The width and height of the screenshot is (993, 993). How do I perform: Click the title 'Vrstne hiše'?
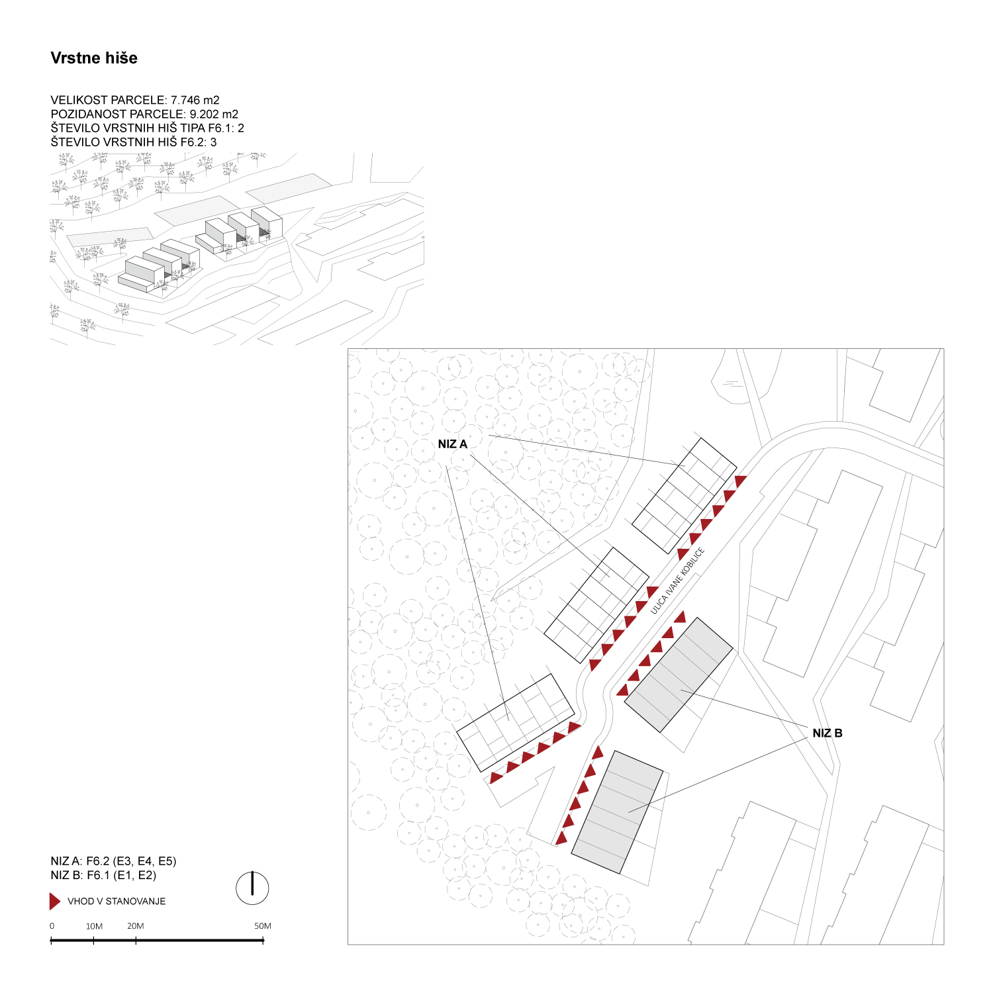[x=94, y=58]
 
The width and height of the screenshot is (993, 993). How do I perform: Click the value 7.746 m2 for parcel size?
[x=195, y=100]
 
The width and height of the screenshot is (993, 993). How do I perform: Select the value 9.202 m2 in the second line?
[x=214, y=114]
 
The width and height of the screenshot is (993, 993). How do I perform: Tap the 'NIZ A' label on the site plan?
[x=453, y=444]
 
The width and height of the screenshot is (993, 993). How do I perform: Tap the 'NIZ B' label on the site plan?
[x=827, y=733]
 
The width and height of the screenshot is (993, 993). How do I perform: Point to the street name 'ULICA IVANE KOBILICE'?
[x=677, y=581]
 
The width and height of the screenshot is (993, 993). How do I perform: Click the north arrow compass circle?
[x=252, y=888]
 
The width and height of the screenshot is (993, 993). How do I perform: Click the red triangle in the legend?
[x=55, y=902]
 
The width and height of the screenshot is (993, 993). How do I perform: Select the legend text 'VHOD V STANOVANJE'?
[x=117, y=902]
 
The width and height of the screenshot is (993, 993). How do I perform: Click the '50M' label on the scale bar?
[x=263, y=926]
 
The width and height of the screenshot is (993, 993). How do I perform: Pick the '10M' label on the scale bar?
[x=94, y=926]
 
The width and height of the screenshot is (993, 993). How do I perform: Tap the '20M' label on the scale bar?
[x=136, y=926]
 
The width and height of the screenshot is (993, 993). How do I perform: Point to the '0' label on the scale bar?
[x=52, y=926]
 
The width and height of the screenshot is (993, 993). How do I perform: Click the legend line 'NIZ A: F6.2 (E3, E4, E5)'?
[x=113, y=861]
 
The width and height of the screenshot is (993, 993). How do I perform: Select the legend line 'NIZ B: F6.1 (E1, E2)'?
[x=103, y=875]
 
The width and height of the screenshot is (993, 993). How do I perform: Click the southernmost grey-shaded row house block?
[x=617, y=812]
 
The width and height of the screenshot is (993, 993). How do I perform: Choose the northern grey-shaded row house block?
[x=679, y=675]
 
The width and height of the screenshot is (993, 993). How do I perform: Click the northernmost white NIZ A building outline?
[x=685, y=495]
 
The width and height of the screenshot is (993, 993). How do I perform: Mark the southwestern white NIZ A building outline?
[x=515, y=723]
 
